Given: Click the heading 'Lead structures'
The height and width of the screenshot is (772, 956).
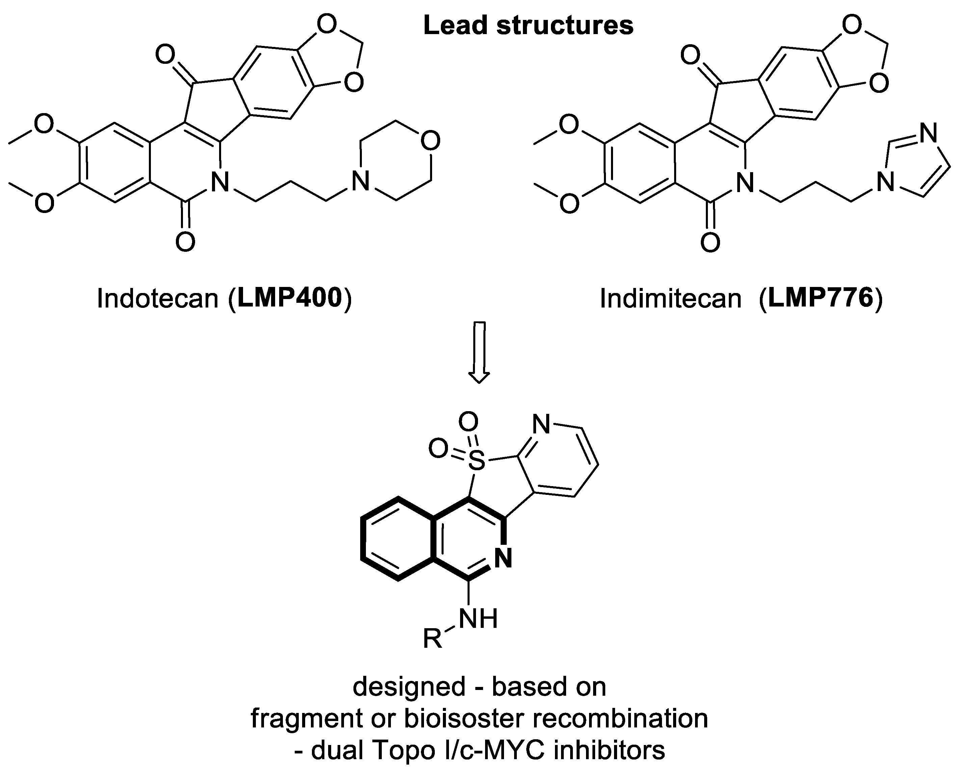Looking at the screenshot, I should point(528,26).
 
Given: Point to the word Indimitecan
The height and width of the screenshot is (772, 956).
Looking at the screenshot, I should point(670,298).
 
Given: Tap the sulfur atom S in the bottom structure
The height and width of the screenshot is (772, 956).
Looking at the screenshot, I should point(477,461).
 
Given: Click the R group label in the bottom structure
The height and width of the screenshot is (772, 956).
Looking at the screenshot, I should point(432,639).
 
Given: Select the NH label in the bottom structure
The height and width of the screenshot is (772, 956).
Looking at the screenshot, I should point(478,618).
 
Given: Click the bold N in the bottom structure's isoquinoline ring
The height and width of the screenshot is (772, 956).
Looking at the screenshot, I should point(503,558).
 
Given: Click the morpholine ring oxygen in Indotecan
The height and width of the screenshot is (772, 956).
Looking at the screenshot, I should point(430,140).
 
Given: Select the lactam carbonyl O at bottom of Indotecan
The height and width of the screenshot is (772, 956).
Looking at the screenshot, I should point(185,242).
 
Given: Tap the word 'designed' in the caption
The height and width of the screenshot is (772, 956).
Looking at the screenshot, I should point(409,686).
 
